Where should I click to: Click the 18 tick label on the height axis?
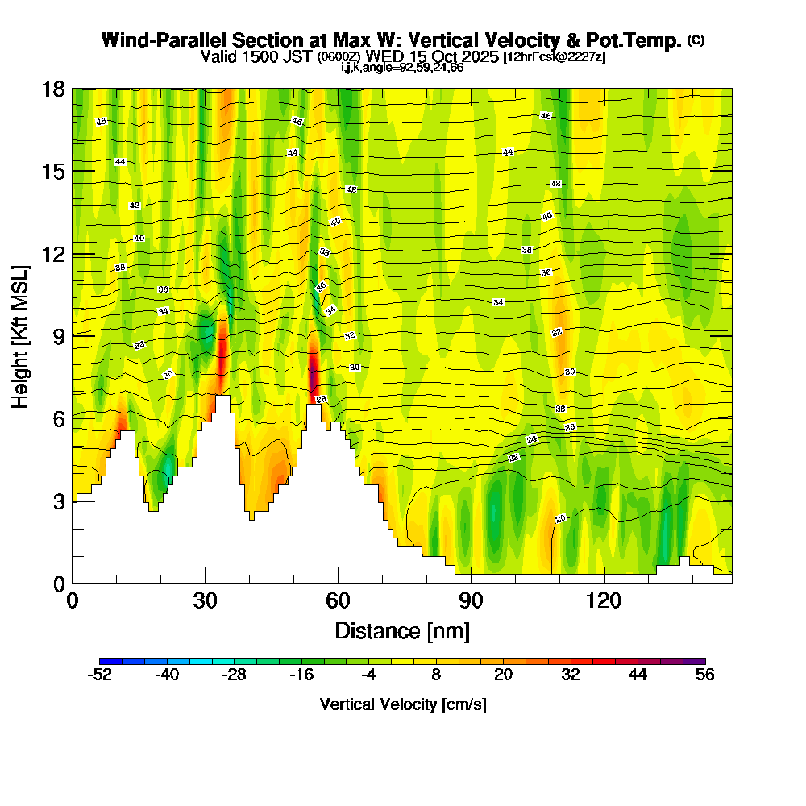(52, 89)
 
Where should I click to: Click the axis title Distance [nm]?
(402, 629)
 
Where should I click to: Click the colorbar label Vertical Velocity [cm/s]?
(402, 704)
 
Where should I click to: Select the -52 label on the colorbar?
(99, 675)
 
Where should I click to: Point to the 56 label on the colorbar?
(705, 675)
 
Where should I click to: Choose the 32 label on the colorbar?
(571, 675)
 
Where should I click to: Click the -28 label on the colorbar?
(234, 675)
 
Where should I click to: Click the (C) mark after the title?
(696, 39)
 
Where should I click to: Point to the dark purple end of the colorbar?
(700, 661)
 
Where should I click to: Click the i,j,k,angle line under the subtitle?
(402, 68)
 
